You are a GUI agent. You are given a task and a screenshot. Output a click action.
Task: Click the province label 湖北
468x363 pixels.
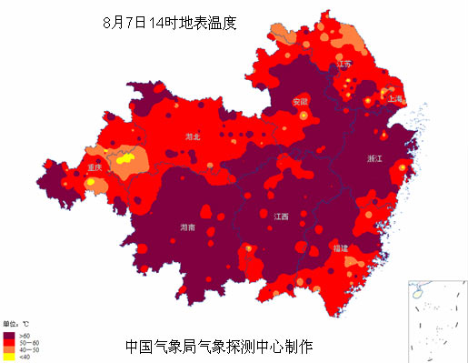click(x=192, y=136)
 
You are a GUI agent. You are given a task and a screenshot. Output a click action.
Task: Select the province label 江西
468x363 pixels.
click(x=281, y=217)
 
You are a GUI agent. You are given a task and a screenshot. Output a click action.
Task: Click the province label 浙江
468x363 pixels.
click(x=374, y=158)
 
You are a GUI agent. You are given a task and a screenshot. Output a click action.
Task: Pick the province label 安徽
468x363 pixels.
click(x=300, y=101)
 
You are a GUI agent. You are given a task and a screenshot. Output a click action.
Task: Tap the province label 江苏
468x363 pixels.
click(x=344, y=65)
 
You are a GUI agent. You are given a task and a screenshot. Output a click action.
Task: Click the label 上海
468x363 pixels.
click(x=395, y=97)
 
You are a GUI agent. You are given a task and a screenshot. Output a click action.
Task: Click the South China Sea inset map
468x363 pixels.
click(x=435, y=319)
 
